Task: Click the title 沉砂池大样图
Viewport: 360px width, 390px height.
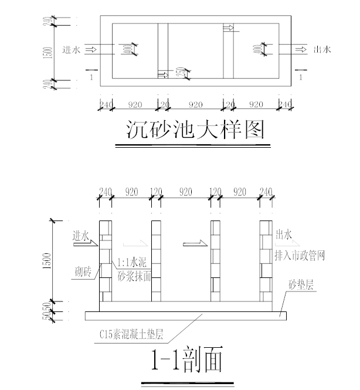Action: click(195, 130)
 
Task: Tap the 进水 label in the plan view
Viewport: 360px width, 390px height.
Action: click(71, 50)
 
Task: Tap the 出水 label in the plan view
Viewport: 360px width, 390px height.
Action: click(322, 50)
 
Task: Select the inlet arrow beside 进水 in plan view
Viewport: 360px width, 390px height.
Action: click(91, 50)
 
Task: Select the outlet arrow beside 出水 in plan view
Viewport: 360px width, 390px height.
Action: click(300, 50)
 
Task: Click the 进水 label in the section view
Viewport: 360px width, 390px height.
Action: click(80, 236)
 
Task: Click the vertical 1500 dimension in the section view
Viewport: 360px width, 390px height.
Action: click(54, 259)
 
